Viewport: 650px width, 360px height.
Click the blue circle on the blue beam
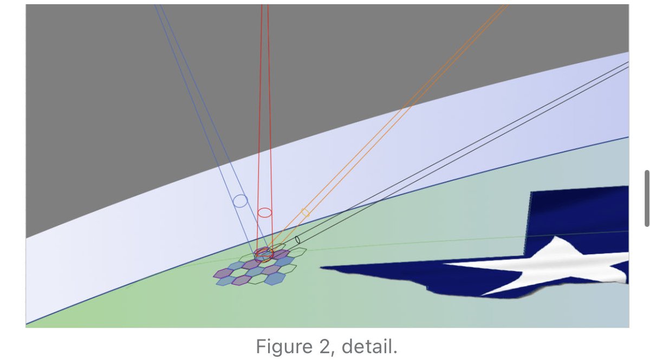tap(240, 201)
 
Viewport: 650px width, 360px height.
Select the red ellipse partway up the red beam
tap(264, 212)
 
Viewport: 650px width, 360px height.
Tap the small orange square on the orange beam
tap(305, 213)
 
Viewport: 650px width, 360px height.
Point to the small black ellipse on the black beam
tap(297, 240)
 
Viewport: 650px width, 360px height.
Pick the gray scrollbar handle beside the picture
tap(647, 198)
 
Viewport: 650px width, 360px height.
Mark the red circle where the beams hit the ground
tap(264, 254)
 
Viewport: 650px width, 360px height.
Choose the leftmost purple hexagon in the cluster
tap(223, 273)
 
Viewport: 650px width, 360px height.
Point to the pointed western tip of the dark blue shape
tap(322, 267)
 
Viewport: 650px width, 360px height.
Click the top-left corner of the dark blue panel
tap(531, 192)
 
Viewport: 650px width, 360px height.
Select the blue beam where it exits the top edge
tap(159, 5)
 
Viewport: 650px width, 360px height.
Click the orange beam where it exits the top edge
tap(506, 5)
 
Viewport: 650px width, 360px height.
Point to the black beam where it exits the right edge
tap(628, 65)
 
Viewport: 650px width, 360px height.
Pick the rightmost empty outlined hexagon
tap(298, 252)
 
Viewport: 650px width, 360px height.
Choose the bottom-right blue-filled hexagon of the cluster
tap(275, 279)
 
